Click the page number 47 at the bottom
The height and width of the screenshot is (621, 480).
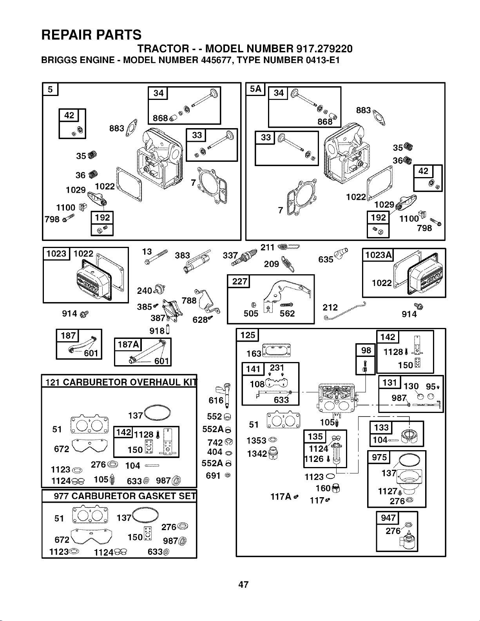(x=243, y=585)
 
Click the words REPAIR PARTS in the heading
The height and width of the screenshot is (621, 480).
(x=91, y=35)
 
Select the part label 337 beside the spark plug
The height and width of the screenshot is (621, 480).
(x=230, y=255)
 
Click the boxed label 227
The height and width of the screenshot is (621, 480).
(x=239, y=281)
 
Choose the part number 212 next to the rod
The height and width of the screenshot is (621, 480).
(x=330, y=308)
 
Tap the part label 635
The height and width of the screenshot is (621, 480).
(x=326, y=259)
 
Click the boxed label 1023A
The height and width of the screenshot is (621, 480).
(x=378, y=255)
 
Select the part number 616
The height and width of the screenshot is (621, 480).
(x=216, y=400)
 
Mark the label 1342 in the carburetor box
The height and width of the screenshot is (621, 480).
(x=257, y=454)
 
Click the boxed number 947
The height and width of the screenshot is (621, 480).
(x=388, y=518)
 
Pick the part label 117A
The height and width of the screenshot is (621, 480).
(x=281, y=497)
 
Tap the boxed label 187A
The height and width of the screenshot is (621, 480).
(x=128, y=344)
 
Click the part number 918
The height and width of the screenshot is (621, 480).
(x=157, y=331)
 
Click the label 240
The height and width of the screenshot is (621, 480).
(x=144, y=291)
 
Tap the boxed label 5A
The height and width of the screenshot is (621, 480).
(x=255, y=89)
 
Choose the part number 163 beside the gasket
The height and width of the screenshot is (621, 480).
(x=254, y=354)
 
